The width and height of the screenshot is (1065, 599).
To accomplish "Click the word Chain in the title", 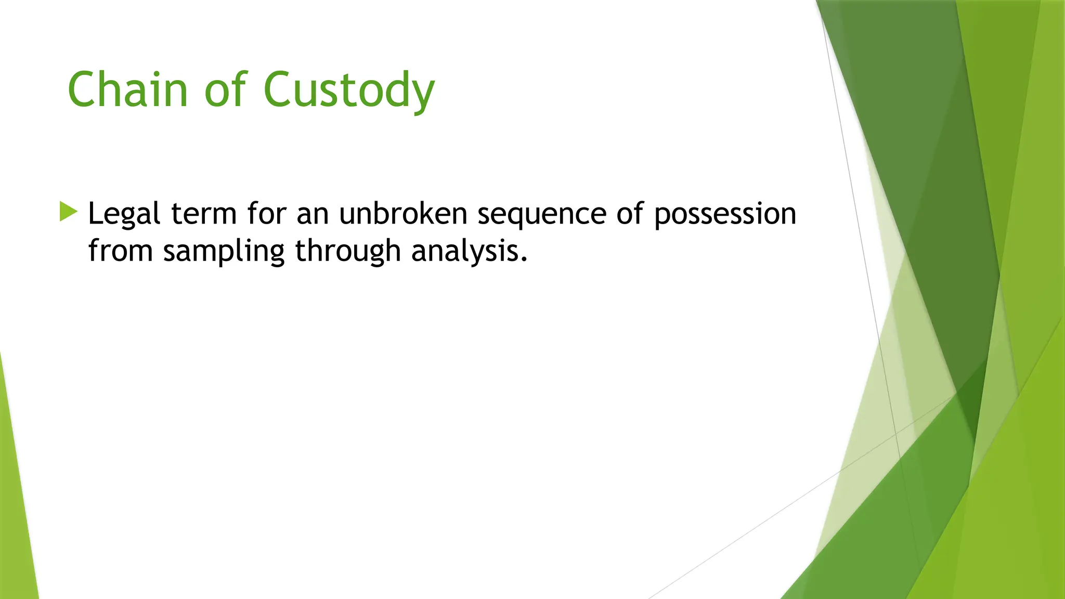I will pos(127,89).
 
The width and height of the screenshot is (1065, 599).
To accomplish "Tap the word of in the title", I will pos(225,89).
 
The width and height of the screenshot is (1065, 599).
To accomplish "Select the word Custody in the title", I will pos(349,91).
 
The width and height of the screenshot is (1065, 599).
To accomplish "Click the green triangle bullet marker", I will pos(68,212).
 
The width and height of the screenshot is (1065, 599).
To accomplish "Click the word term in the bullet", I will pos(204,214).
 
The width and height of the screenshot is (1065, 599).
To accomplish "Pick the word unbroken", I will pos(403,214).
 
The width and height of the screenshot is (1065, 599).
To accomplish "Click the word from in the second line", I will pos(121,251).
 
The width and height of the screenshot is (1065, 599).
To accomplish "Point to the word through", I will pos(348,252).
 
